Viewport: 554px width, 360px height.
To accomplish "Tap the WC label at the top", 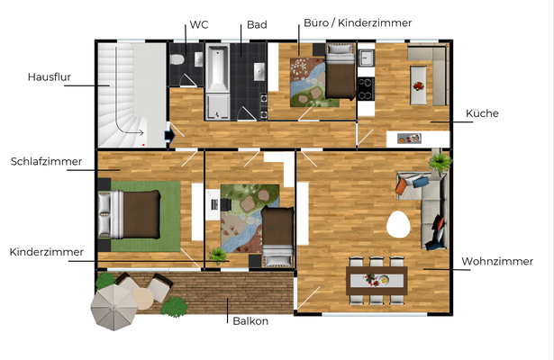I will coord(198,25).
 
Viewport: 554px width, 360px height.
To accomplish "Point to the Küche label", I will coord(482,113).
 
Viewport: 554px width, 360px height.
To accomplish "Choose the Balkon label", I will coord(250,320).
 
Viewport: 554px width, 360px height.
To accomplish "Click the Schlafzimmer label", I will coord(46,162).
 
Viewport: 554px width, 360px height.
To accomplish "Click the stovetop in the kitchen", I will coord(367,87).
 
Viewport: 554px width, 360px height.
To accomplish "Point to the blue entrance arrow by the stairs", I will coord(168,136).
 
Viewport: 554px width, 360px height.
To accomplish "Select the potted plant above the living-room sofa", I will coord(440,162).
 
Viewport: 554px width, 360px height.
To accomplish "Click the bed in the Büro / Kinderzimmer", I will coord(339,75).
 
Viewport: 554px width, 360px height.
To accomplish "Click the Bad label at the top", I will coord(257,25).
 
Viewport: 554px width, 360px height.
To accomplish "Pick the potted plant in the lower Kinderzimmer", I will coord(217,256).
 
